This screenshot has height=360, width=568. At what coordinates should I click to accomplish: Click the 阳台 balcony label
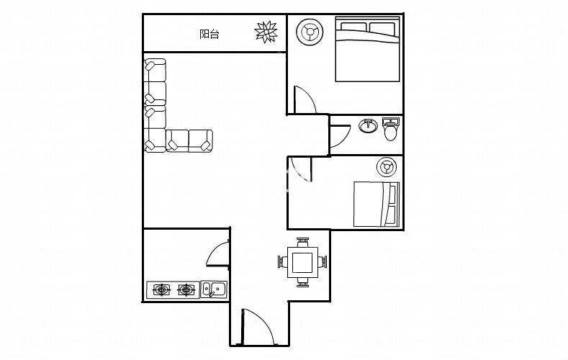[x=209, y=34]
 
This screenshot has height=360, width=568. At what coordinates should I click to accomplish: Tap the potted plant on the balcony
[x=266, y=32]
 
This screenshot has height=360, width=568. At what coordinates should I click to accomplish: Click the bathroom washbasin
[x=368, y=126]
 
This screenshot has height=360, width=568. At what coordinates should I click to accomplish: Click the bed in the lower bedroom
[x=377, y=204]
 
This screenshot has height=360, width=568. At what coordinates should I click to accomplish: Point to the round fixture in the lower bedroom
[x=386, y=167]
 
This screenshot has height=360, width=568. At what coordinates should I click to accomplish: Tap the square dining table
[x=302, y=262]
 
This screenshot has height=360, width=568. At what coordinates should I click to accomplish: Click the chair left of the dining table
[x=282, y=262]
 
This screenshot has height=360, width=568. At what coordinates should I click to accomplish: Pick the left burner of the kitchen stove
[x=161, y=289]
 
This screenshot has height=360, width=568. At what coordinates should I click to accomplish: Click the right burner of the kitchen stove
[x=186, y=289]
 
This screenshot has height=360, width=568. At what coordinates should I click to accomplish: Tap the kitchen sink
[x=214, y=289]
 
